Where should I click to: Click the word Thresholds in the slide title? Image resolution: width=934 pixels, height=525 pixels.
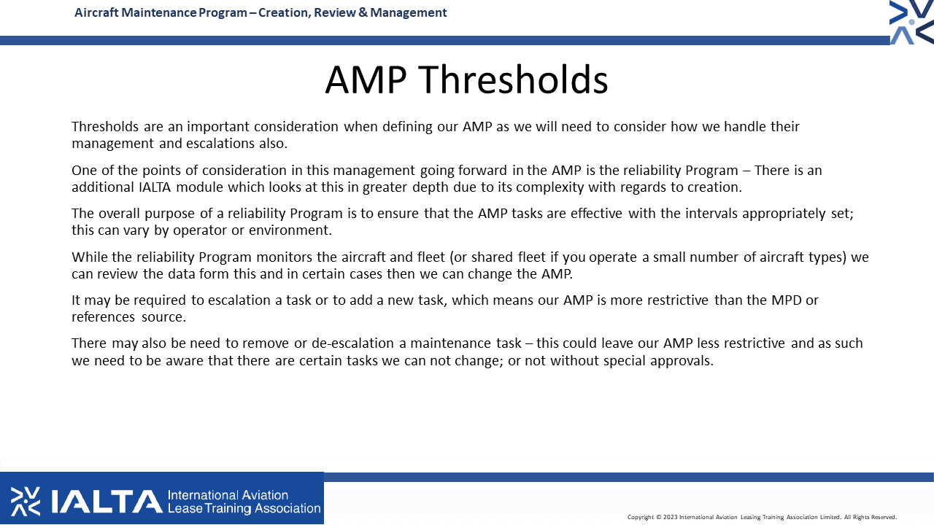point(512,79)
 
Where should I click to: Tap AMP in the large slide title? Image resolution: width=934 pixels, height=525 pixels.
point(366,79)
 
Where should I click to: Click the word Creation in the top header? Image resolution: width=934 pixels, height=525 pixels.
point(285,13)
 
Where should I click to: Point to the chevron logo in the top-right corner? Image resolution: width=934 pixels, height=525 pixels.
point(911,22)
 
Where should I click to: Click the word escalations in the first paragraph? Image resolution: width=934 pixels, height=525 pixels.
point(220,144)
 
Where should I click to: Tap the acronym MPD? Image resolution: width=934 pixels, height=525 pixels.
point(787,300)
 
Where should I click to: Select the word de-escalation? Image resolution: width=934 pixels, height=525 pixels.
point(352,343)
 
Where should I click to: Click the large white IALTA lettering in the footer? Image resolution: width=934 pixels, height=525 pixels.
point(107,501)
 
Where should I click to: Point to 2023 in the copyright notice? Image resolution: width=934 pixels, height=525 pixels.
point(671,517)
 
